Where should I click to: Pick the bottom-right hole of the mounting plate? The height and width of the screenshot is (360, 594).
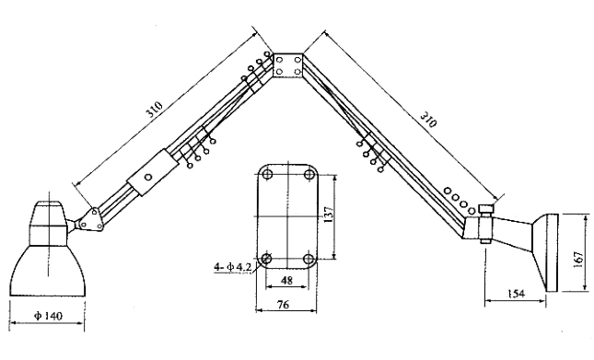click(308, 258)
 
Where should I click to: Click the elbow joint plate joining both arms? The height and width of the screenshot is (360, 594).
click(290, 65)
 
